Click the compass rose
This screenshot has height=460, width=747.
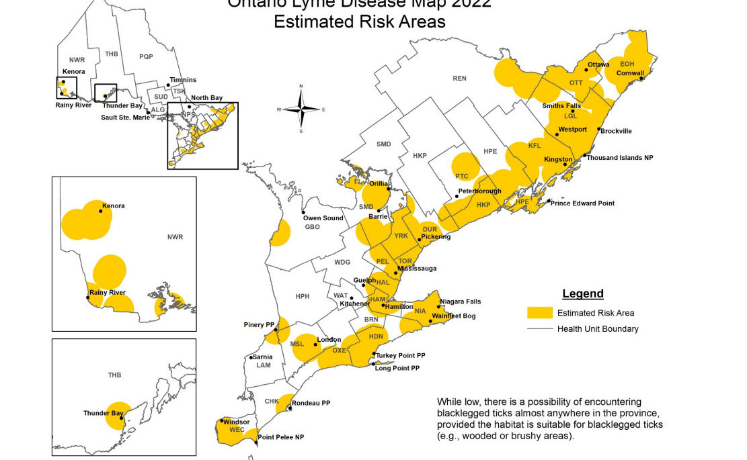pos(302,109)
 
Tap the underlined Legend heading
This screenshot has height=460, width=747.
pos(582,293)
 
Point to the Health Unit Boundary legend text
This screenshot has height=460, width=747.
pos(598,328)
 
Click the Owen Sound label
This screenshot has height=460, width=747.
pos(323,218)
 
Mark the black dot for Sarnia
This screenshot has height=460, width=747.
pos(250,357)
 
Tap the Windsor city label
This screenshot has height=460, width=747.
pos(236,422)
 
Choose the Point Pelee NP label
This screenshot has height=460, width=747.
pos(281,437)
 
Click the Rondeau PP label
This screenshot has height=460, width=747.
pos(311,403)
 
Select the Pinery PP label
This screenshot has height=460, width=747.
pos(258,325)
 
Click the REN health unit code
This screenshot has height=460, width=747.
pos(459,79)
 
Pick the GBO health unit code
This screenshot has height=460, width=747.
pos(313,227)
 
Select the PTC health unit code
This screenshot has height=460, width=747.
pos(461,176)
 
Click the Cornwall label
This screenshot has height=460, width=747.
pos(630,73)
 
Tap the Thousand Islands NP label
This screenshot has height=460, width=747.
pos(619,157)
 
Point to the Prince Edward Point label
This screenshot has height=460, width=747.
pos(584,203)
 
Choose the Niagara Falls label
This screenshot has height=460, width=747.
pos(460,302)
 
